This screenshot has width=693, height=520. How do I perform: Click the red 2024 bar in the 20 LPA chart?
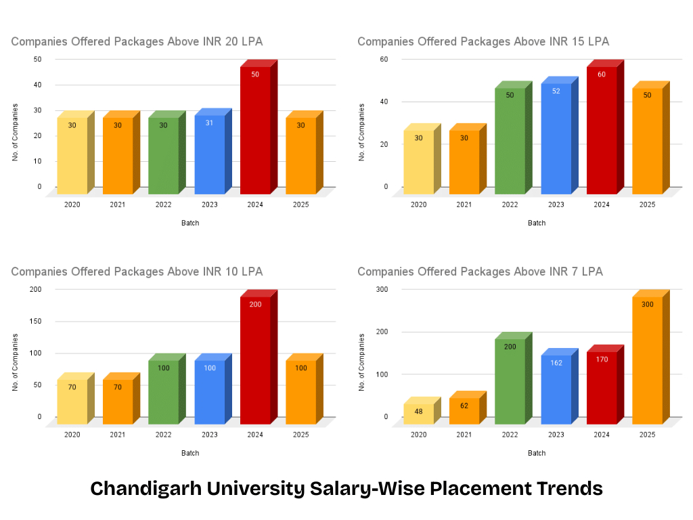click(255, 129)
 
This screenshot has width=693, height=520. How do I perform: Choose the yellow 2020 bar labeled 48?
click(418, 414)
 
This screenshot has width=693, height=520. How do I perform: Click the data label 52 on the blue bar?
click(556, 91)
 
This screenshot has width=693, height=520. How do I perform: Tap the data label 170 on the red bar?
click(602, 360)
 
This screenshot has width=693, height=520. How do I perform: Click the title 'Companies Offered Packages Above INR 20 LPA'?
click(137, 42)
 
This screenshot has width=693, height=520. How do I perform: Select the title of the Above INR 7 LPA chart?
click(480, 272)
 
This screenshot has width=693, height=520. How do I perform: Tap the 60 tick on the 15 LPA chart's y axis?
click(384, 59)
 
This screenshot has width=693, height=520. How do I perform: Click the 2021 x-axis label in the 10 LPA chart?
click(118, 435)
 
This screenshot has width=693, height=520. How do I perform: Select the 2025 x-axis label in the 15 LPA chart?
click(647, 204)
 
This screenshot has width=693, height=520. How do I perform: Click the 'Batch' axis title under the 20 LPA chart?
click(190, 223)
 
